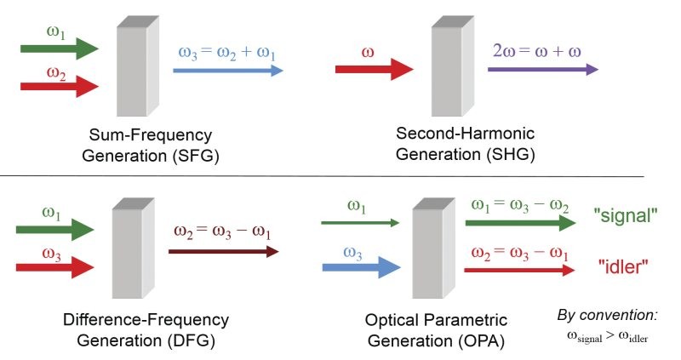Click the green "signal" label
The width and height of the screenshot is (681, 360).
(x=625, y=215)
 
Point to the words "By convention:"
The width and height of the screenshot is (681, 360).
(x=608, y=316)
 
